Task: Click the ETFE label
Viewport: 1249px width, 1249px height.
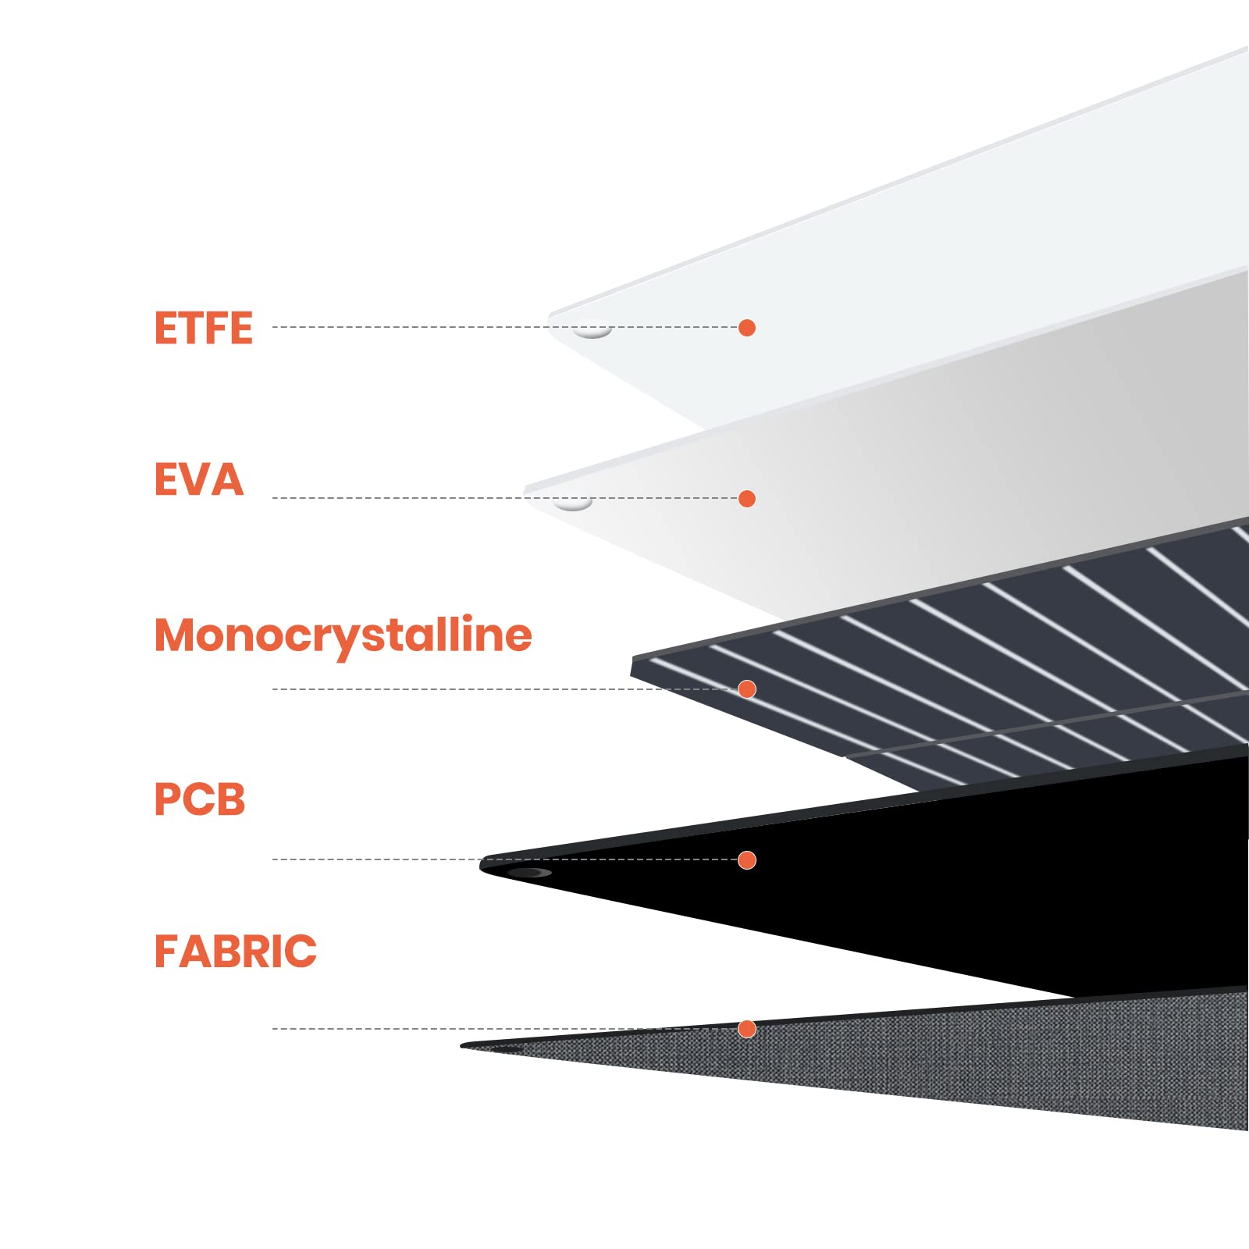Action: tap(203, 328)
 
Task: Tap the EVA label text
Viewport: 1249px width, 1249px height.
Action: tap(198, 479)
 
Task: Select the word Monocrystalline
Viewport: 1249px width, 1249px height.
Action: tap(343, 635)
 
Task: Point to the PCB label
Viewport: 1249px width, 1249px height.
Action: tap(199, 799)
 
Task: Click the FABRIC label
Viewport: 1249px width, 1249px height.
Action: tap(235, 951)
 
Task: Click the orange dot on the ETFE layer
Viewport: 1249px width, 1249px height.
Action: tap(747, 328)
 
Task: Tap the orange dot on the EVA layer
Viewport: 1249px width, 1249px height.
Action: tap(747, 499)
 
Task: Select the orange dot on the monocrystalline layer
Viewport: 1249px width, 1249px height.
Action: tap(747, 689)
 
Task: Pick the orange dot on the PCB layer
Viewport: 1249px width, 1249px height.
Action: tap(747, 860)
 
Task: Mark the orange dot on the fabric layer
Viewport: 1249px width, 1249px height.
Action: tap(747, 1029)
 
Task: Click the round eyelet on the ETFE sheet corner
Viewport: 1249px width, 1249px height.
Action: tap(592, 333)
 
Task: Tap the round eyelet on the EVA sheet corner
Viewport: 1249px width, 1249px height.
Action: tap(573, 504)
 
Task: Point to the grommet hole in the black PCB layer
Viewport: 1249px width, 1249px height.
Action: tap(529, 872)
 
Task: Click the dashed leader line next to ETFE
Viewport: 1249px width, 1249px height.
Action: tap(406, 327)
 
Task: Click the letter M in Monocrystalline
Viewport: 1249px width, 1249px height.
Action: tap(173, 635)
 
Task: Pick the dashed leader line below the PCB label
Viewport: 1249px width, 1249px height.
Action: tap(375, 859)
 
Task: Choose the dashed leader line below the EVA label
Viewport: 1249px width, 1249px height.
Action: tap(390, 498)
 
